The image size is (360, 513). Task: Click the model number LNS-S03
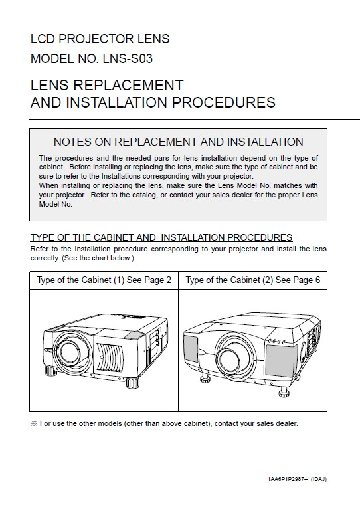(128, 59)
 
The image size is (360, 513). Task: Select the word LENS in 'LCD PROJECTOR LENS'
(153, 39)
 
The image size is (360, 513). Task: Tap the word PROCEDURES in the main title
(223, 102)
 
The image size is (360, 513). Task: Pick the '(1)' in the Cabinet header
(119, 280)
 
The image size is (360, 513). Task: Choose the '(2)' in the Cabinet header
(268, 280)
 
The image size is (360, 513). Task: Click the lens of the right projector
(230, 358)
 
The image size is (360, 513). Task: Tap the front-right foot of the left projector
(132, 383)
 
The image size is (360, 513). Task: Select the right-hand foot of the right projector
(284, 391)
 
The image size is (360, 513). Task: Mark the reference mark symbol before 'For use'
(34, 423)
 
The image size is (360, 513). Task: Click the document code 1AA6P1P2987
(286, 479)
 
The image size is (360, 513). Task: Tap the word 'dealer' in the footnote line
(287, 423)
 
